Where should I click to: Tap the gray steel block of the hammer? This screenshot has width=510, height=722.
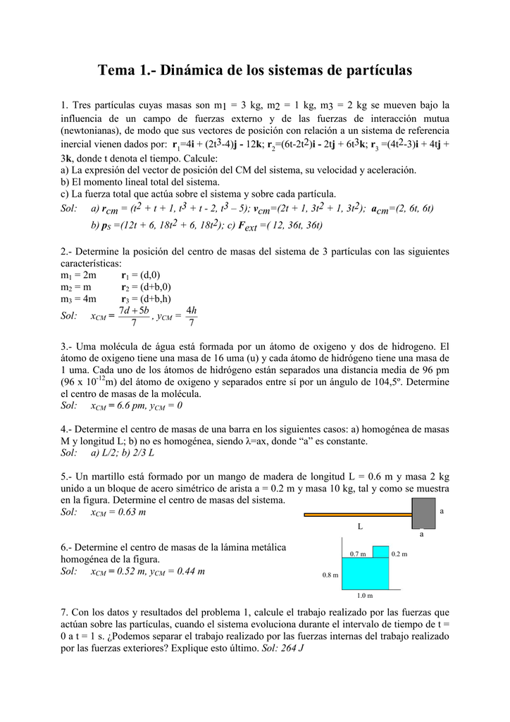[x=423, y=513]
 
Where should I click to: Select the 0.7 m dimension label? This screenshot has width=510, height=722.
[x=358, y=554]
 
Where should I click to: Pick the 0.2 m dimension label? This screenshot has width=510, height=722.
[x=399, y=554]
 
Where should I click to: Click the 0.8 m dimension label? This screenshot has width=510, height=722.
[x=330, y=575]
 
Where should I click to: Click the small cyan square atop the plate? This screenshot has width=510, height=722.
[x=380, y=551]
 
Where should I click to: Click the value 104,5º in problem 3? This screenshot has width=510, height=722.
[x=388, y=382]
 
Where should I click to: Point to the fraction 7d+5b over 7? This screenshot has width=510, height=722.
[x=134, y=317]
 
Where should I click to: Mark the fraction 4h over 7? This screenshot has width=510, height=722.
[x=191, y=317]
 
